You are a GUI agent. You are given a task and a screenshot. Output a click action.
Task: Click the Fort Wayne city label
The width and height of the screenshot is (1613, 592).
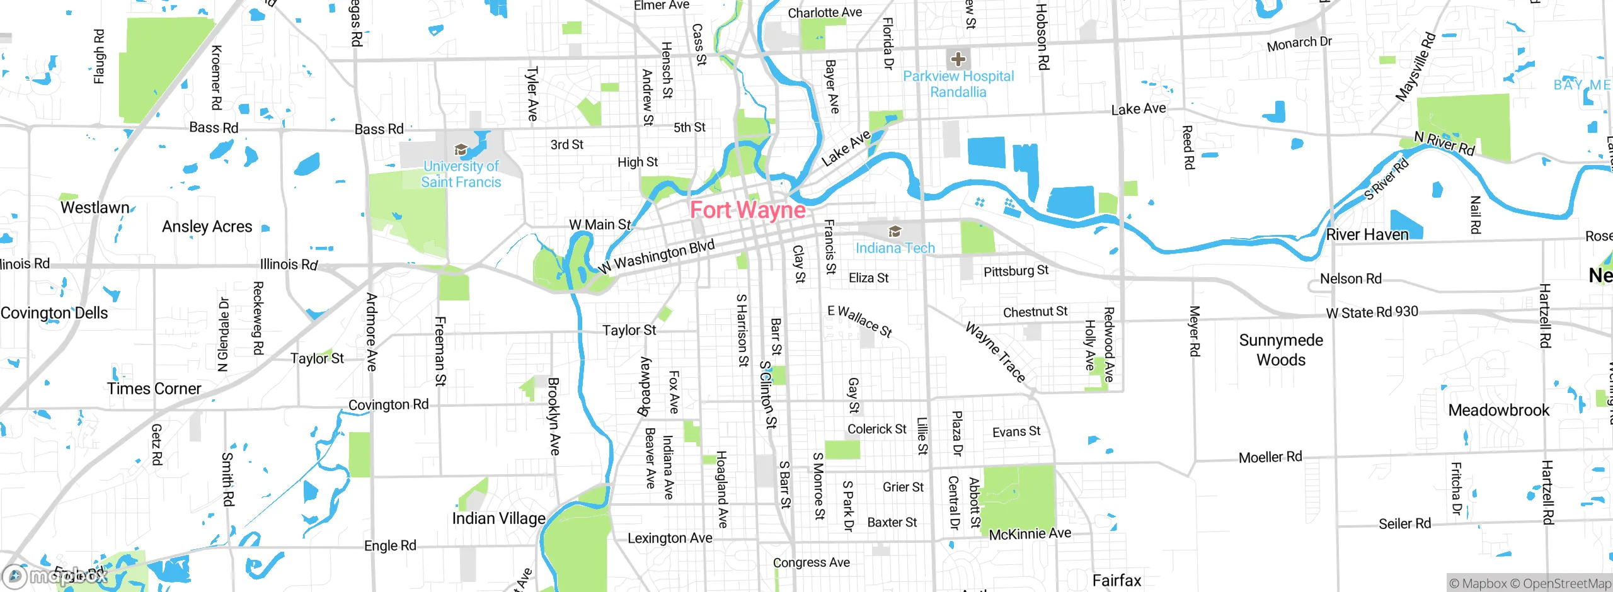click(x=748, y=210)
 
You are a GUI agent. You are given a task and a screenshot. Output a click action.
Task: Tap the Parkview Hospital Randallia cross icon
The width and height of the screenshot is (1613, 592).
click(x=958, y=59)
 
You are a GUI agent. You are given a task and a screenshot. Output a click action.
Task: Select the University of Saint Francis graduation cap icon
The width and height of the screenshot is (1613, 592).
click(x=461, y=150)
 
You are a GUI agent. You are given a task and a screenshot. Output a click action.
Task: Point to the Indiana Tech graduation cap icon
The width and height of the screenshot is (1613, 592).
click(x=895, y=231)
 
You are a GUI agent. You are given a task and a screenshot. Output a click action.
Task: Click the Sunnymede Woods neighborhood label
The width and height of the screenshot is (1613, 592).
click(x=1281, y=350)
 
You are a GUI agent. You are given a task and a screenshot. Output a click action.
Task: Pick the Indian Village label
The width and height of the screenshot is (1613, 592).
click(x=498, y=518)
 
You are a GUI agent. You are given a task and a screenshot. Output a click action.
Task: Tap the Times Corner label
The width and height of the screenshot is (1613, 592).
click(x=154, y=389)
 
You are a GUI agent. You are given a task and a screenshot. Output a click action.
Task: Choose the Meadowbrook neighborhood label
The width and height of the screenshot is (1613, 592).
click(x=1498, y=411)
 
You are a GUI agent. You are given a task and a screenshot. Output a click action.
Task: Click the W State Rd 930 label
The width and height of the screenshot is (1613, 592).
click(x=1372, y=312)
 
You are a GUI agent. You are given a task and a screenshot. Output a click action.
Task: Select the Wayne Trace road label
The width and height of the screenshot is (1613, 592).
click(x=996, y=352)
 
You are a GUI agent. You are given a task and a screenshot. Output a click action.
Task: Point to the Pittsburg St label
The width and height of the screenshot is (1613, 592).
click(x=1016, y=271)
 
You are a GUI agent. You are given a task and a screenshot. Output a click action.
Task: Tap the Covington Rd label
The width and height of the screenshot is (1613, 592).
click(x=388, y=404)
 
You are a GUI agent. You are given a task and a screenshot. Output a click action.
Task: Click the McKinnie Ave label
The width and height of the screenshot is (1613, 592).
click(x=1030, y=534)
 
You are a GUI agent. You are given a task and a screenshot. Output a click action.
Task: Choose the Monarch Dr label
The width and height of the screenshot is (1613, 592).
click(x=1299, y=43)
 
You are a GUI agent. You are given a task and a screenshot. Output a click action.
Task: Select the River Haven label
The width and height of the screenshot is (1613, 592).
click(x=1367, y=235)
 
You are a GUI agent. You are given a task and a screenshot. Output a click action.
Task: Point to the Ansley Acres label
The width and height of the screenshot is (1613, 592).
click(x=207, y=227)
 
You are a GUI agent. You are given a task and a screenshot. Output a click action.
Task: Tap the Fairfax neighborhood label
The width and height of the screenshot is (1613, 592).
click(x=1116, y=580)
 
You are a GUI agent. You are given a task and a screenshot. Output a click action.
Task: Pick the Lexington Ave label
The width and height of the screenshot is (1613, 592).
click(x=670, y=538)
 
